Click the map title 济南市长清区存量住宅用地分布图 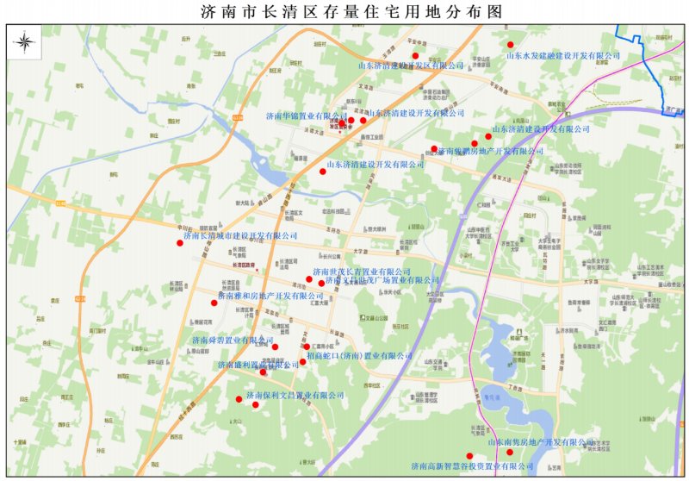[344, 10]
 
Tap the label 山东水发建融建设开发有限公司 [562, 55]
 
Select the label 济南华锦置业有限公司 [305, 115]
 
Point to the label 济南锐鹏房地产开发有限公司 [490, 151]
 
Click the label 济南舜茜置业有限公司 [232, 340]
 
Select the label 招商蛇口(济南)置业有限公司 [360, 355]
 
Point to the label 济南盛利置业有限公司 [245, 365]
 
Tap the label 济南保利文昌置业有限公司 [295, 395]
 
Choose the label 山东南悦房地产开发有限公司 [549, 441]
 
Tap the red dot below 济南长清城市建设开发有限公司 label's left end [180, 243]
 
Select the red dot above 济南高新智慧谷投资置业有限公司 [469, 456]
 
